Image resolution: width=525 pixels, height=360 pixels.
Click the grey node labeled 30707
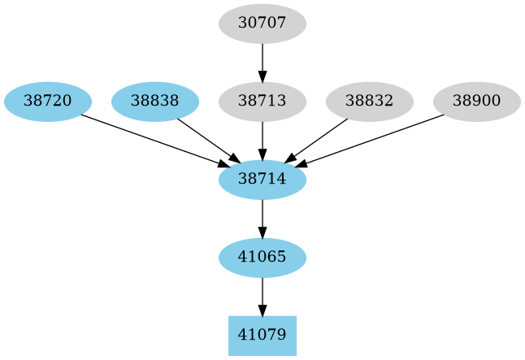click(x=262, y=24)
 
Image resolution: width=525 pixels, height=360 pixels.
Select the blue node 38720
click(x=47, y=102)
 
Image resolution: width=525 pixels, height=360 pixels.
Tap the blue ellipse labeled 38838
click(x=154, y=102)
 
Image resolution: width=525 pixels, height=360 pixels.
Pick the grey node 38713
click(x=262, y=102)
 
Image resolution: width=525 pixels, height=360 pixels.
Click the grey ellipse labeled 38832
click(x=369, y=102)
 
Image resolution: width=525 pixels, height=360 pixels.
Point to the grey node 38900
click(x=476, y=102)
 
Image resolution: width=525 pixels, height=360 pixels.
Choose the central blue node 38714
click(x=262, y=180)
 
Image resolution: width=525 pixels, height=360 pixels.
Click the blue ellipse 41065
click(x=262, y=258)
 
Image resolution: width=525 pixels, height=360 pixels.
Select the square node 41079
click(x=262, y=335)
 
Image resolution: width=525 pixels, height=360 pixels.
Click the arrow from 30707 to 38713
click(x=262, y=59)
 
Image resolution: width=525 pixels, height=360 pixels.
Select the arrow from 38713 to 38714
click(x=262, y=138)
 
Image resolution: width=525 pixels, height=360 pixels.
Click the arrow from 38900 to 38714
click(x=374, y=140)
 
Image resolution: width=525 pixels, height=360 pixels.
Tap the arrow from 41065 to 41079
click(x=262, y=294)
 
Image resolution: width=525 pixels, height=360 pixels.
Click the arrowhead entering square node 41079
click(x=262, y=310)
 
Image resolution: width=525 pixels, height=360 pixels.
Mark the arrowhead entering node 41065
click(x=262, y=232)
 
